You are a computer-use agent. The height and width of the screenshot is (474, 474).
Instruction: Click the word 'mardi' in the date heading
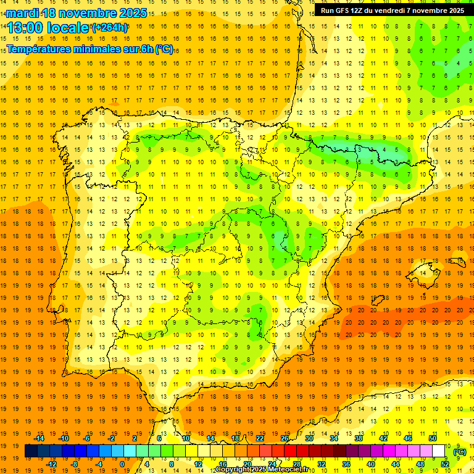coord(23,13)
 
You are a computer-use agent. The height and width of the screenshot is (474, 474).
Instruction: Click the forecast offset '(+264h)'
coord(110,28)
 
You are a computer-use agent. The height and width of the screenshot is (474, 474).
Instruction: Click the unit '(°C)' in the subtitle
coord(164,49)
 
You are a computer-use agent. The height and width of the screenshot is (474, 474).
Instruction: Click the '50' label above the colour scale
coord(433,438)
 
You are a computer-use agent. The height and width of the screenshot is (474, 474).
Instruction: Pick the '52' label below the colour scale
coord(445,464)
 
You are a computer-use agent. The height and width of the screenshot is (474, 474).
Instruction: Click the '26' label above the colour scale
coord(285,438)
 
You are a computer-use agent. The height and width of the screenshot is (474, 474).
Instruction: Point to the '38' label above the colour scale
coord(359,438)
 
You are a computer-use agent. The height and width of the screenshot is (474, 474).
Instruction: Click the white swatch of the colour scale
coord(439,451)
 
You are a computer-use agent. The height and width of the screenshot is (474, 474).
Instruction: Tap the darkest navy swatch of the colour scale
coord(31,451)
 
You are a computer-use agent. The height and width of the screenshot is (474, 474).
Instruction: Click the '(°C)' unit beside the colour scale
coord(460,452)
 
